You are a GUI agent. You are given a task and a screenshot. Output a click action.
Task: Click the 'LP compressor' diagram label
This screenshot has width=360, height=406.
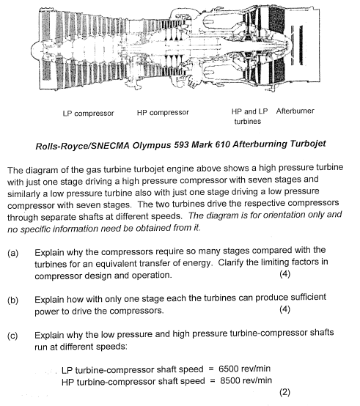89,113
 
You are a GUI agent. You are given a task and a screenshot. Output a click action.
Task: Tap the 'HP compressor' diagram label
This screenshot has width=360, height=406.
163,113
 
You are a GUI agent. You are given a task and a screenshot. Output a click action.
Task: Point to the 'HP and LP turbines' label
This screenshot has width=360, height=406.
249,117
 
